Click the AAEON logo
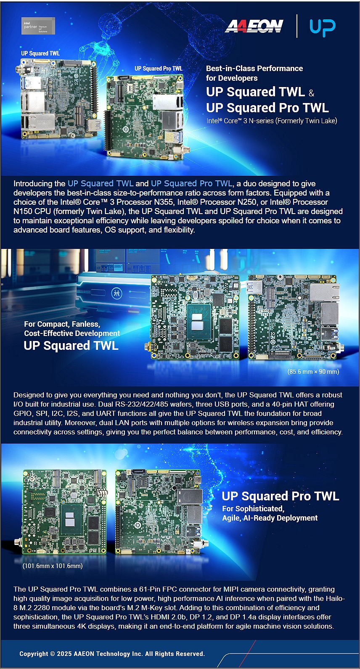coord(254,26)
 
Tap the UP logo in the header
coord(323,27)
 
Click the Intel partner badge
coord(38,26)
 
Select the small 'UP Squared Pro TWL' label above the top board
coord(159,69)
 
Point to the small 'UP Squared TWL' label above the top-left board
coord(40,53)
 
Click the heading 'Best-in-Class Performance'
coord(254,69)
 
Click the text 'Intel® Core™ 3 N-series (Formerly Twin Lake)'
coord(272,121)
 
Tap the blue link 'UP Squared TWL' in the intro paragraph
coord(101,183)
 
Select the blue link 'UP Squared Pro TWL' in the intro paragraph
coord(191,183)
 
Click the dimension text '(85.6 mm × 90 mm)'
coord(313,372)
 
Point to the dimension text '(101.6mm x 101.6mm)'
coord(53,566)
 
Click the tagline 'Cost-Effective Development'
coord(72,333)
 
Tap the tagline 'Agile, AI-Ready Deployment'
coord(270,518)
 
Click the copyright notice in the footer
coord(112,654)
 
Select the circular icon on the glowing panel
coord(116,293)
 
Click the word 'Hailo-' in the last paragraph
coord(335,598)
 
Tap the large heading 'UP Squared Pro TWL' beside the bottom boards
coord(281,496)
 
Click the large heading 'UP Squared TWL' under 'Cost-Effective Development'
coord(71,346)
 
